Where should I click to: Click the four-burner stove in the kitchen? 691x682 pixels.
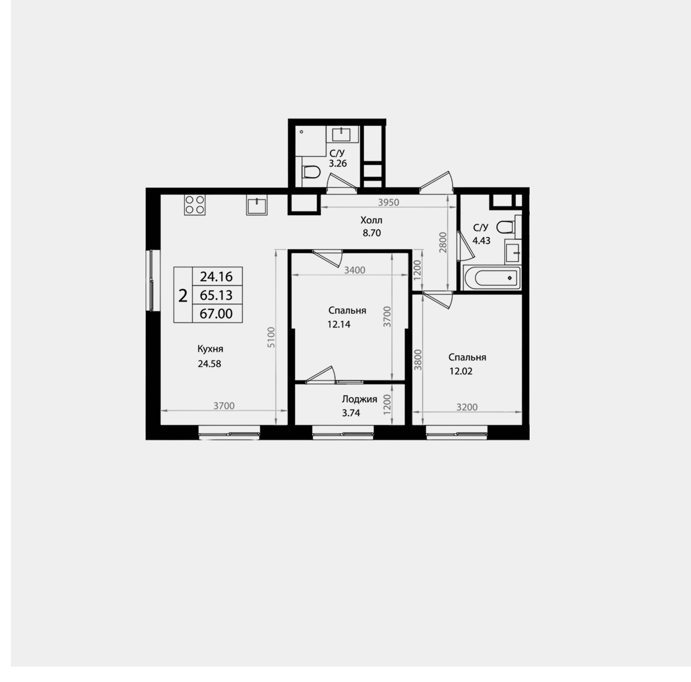(195, 204)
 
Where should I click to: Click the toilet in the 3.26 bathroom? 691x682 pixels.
(311, 172)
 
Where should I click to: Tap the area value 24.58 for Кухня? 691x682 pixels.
(209, 364)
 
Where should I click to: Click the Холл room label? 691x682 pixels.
(371, 220)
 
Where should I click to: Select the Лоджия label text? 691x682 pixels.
(359, 399)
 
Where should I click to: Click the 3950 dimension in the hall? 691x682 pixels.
(389, 202)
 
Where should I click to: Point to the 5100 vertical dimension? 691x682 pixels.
(271, 337)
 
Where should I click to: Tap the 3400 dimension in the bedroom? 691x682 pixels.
(355, 270)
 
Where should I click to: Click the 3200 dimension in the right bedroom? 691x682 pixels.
(467, 407)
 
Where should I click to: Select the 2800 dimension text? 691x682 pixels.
(443, 243)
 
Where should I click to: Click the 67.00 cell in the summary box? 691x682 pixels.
(216, 313)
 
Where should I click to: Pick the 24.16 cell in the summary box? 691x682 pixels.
(216, 276)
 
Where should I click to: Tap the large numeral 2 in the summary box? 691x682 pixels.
(183, 296)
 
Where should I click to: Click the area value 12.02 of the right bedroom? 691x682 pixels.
(461, 371)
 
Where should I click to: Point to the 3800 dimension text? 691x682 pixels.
(418, 360)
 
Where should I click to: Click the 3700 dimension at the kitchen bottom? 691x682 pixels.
(224, 406)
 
